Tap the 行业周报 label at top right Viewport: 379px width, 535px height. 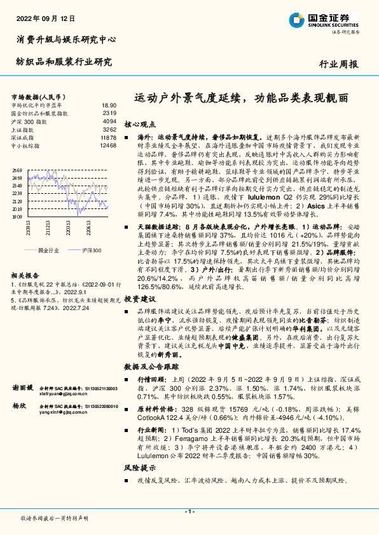339,65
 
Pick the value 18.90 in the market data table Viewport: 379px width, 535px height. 109,105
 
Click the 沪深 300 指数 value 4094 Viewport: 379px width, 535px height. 109,120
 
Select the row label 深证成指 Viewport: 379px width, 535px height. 24,136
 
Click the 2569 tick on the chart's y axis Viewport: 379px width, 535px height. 17,170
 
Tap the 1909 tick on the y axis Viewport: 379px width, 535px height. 17,216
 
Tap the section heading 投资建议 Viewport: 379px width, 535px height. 139,298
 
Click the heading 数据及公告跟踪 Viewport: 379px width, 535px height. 149,367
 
